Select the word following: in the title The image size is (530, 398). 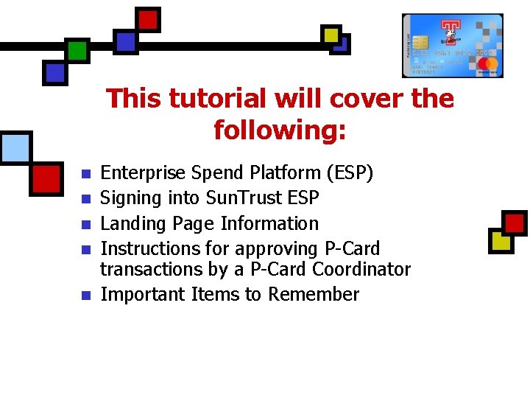[280, 130]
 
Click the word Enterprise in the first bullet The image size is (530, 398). [143, 173]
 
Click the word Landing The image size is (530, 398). [130, 223]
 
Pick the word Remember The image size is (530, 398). [313, 294]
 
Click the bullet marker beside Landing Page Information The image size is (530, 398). [85, 224]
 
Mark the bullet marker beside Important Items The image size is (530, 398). [85, 295]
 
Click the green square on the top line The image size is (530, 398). [77, 49]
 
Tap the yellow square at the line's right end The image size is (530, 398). [331, 34]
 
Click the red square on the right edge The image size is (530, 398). [515, 222]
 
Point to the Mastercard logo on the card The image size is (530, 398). [488, 65]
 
